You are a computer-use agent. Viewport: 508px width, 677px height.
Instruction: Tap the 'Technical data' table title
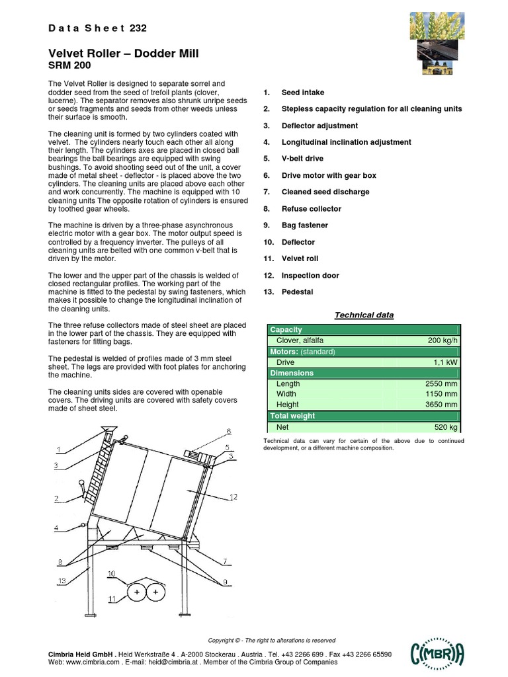click(364, 315)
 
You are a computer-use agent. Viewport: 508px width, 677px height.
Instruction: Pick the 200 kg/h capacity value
click(441, 340)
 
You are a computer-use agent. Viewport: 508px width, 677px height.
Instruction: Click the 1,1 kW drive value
click(444, 362)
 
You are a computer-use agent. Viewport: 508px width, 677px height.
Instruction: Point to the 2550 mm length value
click(441, 383)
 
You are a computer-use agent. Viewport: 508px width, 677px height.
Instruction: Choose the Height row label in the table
click(287, 405)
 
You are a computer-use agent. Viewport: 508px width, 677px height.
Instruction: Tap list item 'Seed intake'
click(302, 93)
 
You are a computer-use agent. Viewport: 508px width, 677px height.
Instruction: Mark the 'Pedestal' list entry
click(297, 292)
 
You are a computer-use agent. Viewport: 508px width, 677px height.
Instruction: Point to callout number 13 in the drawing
click(62, 580)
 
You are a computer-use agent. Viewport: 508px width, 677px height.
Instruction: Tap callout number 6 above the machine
click(229, 432)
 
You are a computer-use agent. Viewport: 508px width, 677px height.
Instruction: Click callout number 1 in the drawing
click(58, 450)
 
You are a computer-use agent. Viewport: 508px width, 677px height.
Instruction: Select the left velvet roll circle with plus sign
click(137, 593)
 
